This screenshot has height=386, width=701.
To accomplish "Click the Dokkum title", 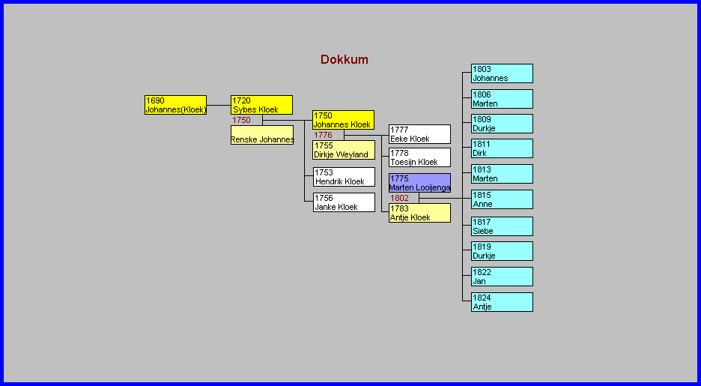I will pos(345,60).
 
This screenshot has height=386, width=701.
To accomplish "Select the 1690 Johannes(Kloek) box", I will pos(175,105).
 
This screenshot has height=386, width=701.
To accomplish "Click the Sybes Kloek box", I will pos(261,105).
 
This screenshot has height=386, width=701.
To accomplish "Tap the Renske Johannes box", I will pos(261,135).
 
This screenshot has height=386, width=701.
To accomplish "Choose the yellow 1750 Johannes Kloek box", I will pos(343,120).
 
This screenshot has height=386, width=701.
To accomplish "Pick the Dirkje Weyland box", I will pos(343,150).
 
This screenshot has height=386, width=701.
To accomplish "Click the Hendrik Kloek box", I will pos(344,177).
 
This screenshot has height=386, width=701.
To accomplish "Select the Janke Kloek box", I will pos(344,202).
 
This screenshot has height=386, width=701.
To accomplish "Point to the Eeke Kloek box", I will pos(419,134).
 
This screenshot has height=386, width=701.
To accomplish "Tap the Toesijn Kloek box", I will pos(419,157).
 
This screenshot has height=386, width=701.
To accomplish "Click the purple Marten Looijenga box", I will pos(419,183).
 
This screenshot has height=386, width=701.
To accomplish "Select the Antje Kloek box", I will pos(419,213).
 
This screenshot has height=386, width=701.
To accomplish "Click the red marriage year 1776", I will pos(323,135).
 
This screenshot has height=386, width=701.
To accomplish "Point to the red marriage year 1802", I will pos(400,198).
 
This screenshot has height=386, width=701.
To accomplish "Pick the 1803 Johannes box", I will pos(502,73).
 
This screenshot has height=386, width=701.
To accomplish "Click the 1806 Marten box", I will pos(502,99).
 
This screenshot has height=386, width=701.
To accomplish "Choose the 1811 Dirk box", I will pos(502,148).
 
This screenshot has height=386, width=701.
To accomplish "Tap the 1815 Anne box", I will pos(502,199).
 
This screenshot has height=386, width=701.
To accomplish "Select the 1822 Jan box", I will pos(502,277).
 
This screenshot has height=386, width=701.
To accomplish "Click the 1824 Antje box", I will pos(502,302).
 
